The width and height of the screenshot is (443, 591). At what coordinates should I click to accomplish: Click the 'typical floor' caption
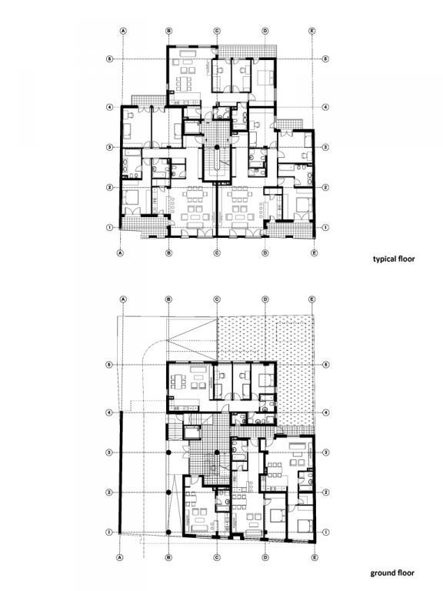394,259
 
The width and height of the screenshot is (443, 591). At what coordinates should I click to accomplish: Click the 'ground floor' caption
392,573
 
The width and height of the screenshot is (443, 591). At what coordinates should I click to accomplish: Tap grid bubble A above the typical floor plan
123,31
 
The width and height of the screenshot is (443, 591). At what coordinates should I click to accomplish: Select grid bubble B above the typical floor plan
169,31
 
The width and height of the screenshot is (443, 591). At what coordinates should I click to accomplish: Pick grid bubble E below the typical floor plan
314,253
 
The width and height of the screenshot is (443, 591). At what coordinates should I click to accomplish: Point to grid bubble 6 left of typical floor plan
110,59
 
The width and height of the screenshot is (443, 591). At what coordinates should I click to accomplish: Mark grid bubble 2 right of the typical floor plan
326,187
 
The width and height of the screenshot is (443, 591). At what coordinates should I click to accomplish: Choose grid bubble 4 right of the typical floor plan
326,107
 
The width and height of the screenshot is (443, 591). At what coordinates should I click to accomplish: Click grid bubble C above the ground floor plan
217,299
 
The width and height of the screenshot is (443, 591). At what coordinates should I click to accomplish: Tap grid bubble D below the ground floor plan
265,557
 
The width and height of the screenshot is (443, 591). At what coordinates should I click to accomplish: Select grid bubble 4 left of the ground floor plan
110,412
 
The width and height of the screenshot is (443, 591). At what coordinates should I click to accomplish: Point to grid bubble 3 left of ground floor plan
110,452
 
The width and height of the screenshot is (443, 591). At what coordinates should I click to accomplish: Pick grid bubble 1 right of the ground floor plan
326,533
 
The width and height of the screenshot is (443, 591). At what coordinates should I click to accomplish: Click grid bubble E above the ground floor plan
312,299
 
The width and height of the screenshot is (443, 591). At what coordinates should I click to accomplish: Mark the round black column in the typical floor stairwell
217,147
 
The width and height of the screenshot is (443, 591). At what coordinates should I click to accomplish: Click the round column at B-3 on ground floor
168,452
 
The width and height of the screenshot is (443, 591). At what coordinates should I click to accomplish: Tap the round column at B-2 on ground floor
168,492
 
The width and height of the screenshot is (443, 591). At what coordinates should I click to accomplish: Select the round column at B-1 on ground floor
168,533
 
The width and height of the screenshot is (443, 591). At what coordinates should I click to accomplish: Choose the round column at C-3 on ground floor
217,452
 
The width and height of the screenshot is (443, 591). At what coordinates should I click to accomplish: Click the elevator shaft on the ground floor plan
192,432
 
